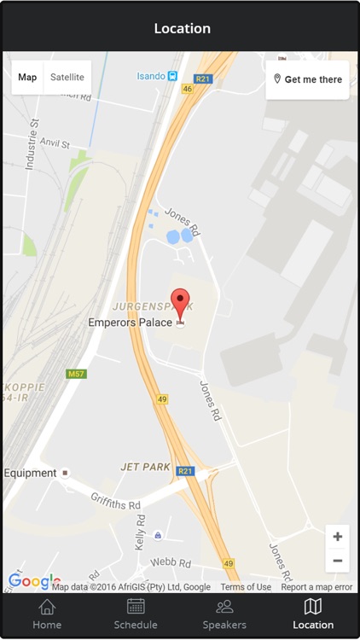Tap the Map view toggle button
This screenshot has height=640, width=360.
[x=27, y=77]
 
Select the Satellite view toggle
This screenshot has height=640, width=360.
[x=67, y=77]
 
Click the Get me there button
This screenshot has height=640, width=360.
[x=307, y=79]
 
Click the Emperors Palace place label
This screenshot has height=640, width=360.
[x=130, y=323]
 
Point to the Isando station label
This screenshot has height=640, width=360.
[x=152, y=76]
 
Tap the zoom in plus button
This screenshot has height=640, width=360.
[x=338, y=537]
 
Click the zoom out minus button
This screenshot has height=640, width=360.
[x=338, y=561]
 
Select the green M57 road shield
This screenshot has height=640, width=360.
[x=77, y=374]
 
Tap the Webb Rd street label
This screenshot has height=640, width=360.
[x=170, y=562]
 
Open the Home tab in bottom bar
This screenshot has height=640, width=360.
[x=47, y=614]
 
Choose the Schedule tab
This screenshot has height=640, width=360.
[x=136, y=614]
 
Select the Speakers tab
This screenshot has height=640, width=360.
[x=224, y=614]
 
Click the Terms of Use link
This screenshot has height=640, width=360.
[x=246, y=587]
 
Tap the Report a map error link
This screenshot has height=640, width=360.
[x=316, y=587]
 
